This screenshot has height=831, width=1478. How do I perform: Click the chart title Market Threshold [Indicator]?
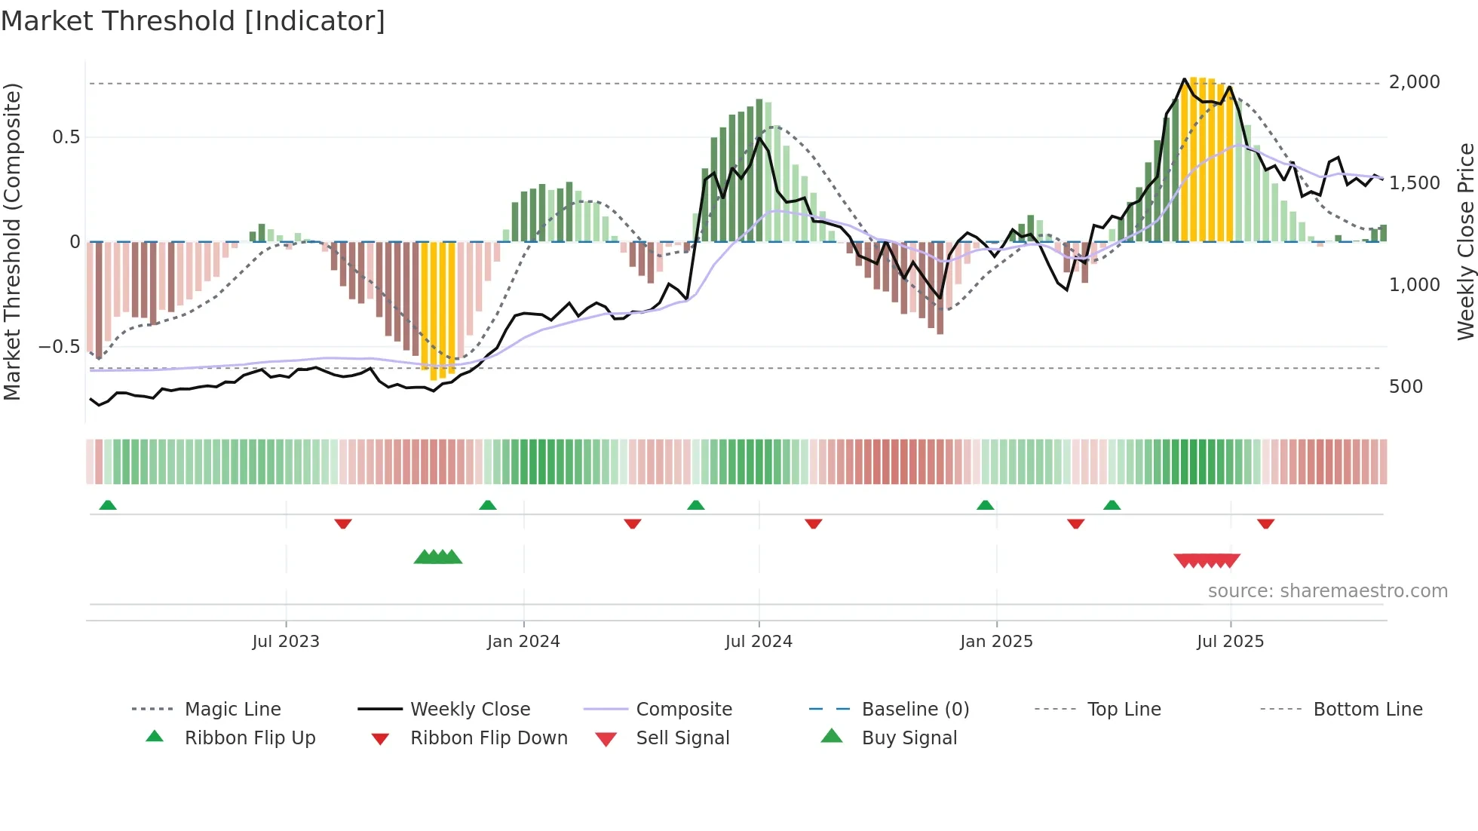193,21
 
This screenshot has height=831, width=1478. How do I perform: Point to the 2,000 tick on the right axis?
1414,82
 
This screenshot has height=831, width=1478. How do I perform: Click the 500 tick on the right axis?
1406,387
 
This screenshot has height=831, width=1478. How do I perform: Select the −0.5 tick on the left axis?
59,347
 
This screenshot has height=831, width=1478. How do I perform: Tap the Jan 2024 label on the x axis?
523,642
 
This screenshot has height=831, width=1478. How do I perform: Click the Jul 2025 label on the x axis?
1230,642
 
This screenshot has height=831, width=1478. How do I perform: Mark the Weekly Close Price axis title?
1465,241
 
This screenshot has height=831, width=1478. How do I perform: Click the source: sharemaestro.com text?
1327,591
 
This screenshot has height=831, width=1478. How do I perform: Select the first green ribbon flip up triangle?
108,505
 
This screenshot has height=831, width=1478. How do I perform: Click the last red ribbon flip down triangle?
1265,523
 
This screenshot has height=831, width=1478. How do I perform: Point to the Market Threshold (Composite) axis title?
12,241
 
